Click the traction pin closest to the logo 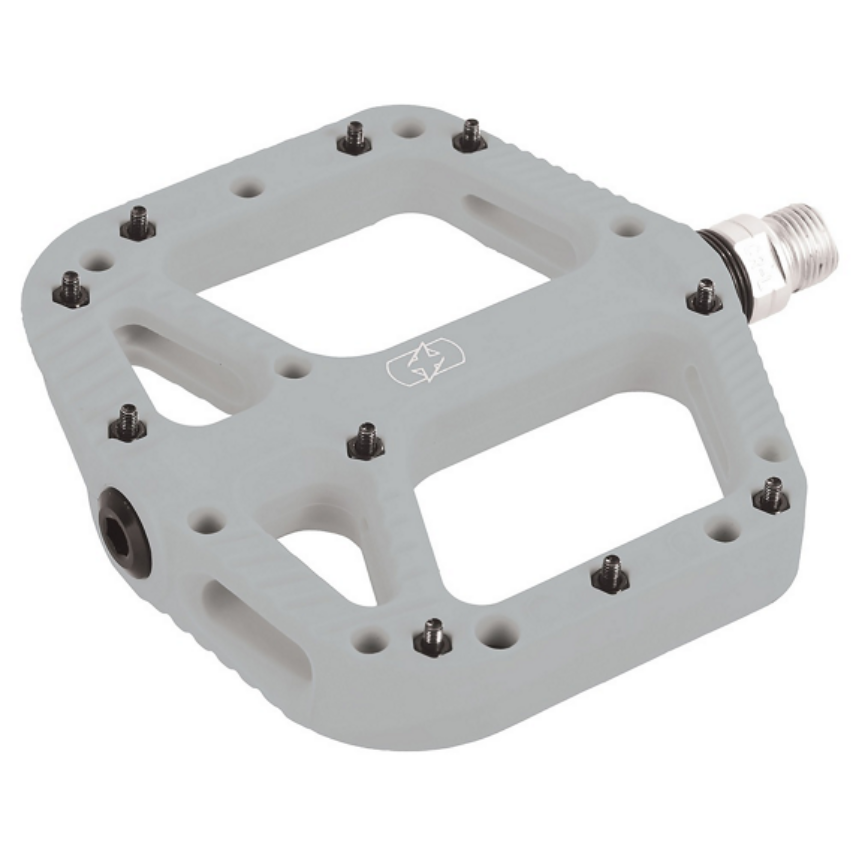point(366,440)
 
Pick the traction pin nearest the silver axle point(704,296)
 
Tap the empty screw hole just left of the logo point(293,369)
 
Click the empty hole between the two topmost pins point(407,128)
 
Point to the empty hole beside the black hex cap point(208,521)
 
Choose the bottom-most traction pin point(432,636)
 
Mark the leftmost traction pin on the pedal point(70,290)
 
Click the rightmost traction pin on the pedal point(771,495)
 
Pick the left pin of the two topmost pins point(354,138)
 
